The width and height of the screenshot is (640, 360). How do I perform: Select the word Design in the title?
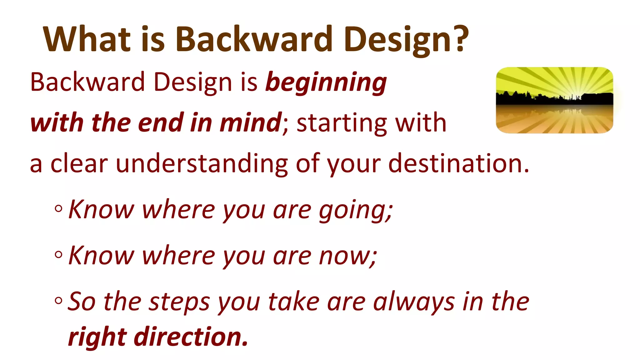pos(397,40)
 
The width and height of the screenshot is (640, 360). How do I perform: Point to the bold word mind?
pos(250,122)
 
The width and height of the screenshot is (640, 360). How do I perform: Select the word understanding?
pos(202,164)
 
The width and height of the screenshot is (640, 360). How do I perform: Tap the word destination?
pos(455,163)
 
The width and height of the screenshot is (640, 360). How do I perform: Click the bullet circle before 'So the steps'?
pos(58,301)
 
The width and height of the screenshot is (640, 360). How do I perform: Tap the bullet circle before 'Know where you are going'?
pos(58,208)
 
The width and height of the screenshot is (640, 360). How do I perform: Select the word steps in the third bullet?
pos(179,302)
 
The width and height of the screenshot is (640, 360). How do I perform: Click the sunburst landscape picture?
pos(554,100)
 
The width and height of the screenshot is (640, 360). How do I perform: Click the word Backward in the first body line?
pos(87,82)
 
